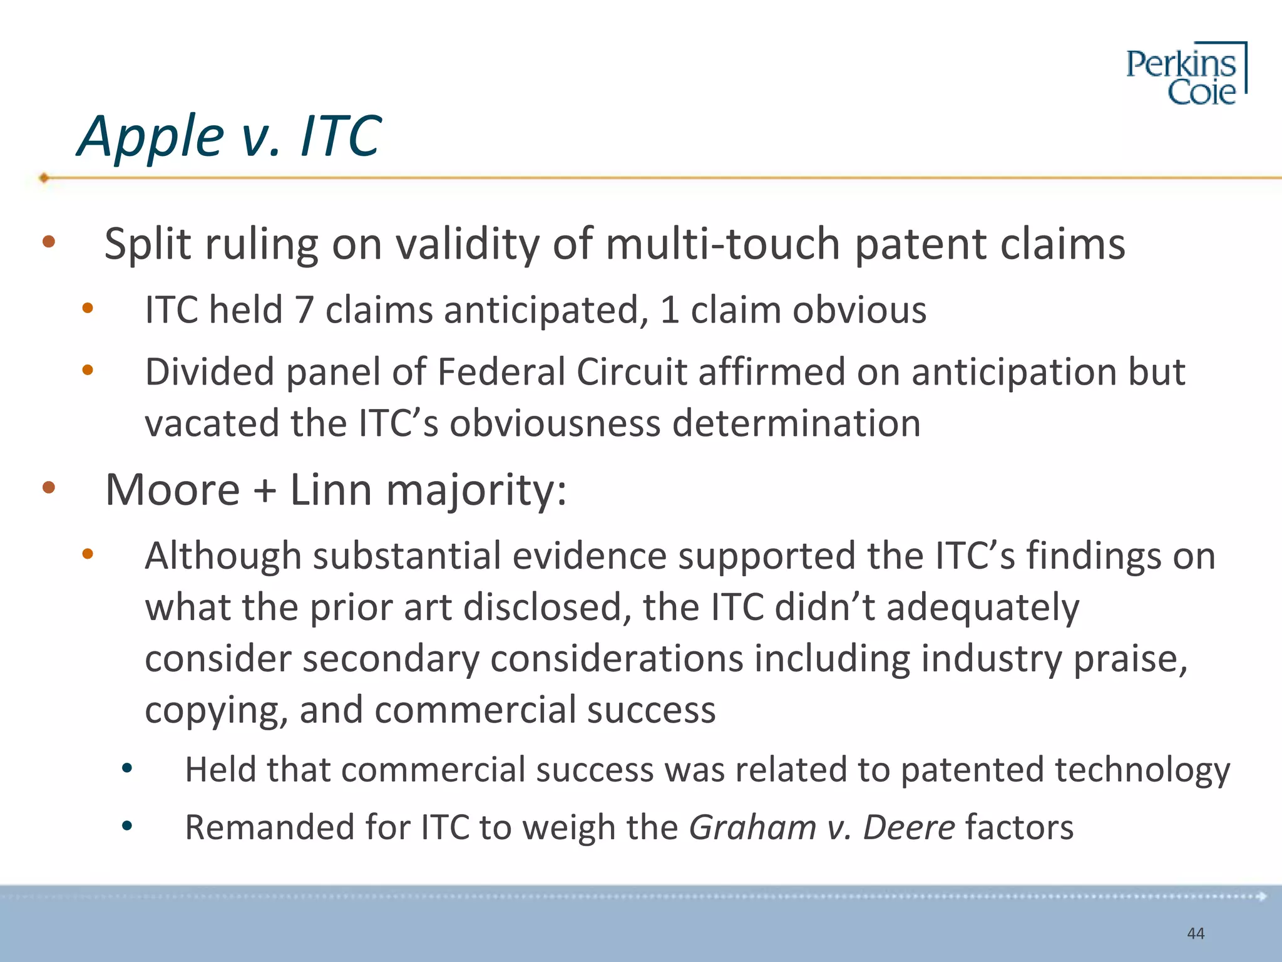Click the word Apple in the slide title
[x=150, y=137]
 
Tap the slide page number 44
[x=1196, y=934]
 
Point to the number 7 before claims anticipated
[x=304, y=310]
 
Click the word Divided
[x=210, y=372]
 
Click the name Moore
[x=172, y=490]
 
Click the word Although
[x=223, y=556]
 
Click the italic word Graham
[x=752, y=827]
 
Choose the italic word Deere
[x=909, y=827]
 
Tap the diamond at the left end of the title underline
[x=44, y=178]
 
